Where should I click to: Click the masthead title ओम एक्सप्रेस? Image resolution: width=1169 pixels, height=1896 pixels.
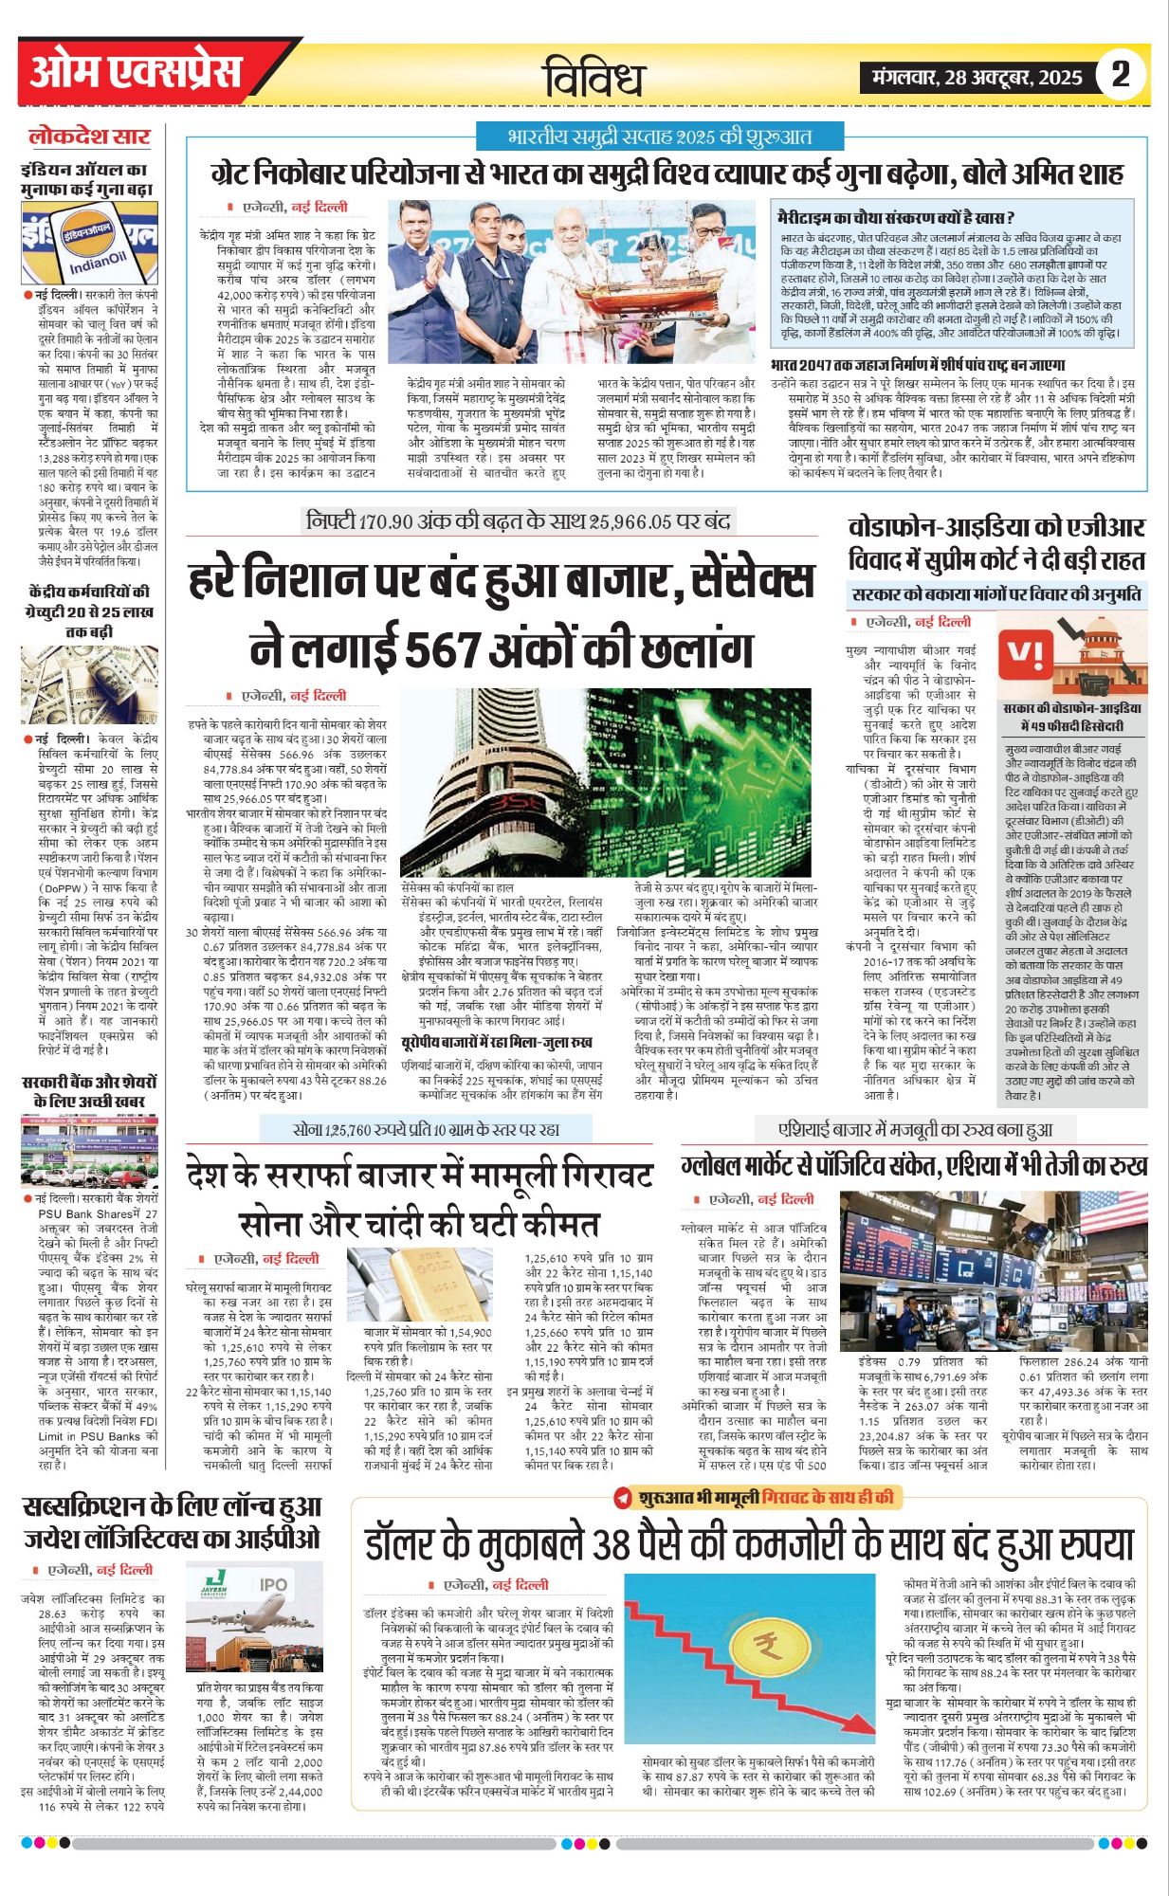pyautogui.click(x=137, y=72)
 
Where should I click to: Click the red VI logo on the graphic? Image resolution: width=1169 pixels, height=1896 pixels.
pyautogui.click(x=1028, y=653)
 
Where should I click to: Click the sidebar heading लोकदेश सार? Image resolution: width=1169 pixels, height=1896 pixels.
pyautogui.click(x=89, y=137)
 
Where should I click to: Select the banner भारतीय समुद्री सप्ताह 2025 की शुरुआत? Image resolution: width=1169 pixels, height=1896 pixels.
pyautogui.click(x=660, y=136)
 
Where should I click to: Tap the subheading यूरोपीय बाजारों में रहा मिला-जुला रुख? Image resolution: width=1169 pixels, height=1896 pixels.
pyautogui.click(x=497, y=1042)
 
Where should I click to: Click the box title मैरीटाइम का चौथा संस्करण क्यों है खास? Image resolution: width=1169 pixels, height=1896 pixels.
pyautogui.click(x=895, y=217)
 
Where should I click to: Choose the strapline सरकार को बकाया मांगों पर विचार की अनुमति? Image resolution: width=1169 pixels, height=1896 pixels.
pyautogui.click(x=996, y=595)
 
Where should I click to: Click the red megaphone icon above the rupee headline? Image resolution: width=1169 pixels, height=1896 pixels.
pyautogui.click(x=623, y=1498)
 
